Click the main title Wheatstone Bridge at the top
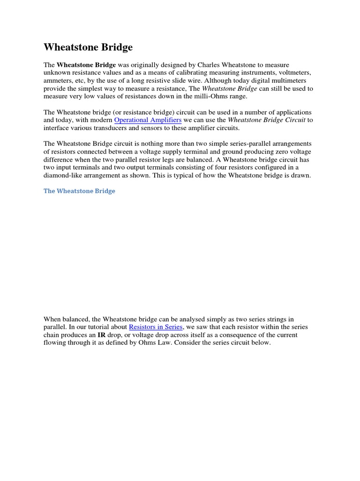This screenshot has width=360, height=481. (88, 47)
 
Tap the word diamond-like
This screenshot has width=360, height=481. (63, 176)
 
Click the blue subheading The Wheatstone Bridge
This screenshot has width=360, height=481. (79, 191)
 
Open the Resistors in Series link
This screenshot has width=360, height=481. (156, 327)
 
